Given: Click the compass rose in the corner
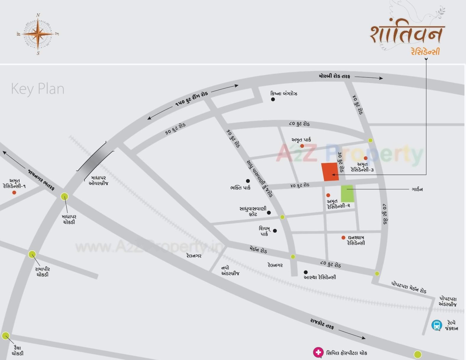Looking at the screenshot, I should click(38, 34).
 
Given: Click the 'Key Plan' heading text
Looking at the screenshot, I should click(38, 89).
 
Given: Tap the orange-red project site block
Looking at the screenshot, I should click(330, 171).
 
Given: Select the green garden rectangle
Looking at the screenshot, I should click(347, 194).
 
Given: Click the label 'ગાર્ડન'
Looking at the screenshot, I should click(417, 189).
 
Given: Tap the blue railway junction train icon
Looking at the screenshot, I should click(436, 325).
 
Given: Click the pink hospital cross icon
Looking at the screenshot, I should click(318, 352).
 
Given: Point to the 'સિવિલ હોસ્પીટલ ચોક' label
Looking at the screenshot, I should click(347, 353).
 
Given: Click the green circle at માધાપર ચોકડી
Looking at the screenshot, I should click(64, 196).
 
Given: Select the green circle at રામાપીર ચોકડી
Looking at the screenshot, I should click(32, 254).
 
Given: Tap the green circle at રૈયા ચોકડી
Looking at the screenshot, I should click(6, 336).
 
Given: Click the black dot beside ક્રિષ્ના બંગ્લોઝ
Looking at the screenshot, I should click(273, 99).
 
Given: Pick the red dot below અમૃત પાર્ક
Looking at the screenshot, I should click(302, 146).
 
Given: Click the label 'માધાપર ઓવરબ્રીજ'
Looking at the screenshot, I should click(98, 181).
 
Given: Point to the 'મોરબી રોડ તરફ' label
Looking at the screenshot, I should click(334, 76).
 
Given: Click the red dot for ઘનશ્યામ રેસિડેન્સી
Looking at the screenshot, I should click(343, 238).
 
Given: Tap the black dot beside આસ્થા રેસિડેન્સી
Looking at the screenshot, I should click(306, 272).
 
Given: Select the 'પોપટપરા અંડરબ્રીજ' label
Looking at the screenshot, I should click(448, 301).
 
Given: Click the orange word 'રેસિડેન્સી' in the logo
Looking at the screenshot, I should click(425, 51).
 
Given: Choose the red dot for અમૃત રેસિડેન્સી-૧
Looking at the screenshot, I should click(14, 192).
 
